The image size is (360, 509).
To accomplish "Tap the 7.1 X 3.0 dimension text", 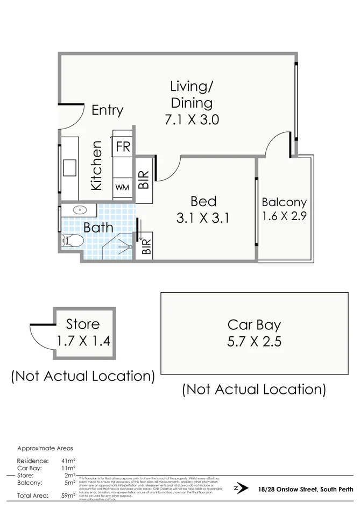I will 192,119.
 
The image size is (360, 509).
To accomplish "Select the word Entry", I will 107,110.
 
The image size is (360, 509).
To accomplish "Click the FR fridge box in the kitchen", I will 123,146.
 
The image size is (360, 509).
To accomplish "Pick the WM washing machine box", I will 122,188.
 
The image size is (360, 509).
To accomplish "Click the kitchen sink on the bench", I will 70,168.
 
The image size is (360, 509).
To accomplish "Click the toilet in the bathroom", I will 72,241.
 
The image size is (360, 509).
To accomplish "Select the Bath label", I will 98,228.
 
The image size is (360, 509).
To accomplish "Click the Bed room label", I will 203,201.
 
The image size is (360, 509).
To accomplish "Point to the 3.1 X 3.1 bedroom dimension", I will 203,218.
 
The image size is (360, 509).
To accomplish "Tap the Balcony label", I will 284,202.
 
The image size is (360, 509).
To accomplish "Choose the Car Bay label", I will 254,324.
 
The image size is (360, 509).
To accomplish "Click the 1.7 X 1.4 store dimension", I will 83,341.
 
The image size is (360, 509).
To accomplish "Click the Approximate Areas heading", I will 45,448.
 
